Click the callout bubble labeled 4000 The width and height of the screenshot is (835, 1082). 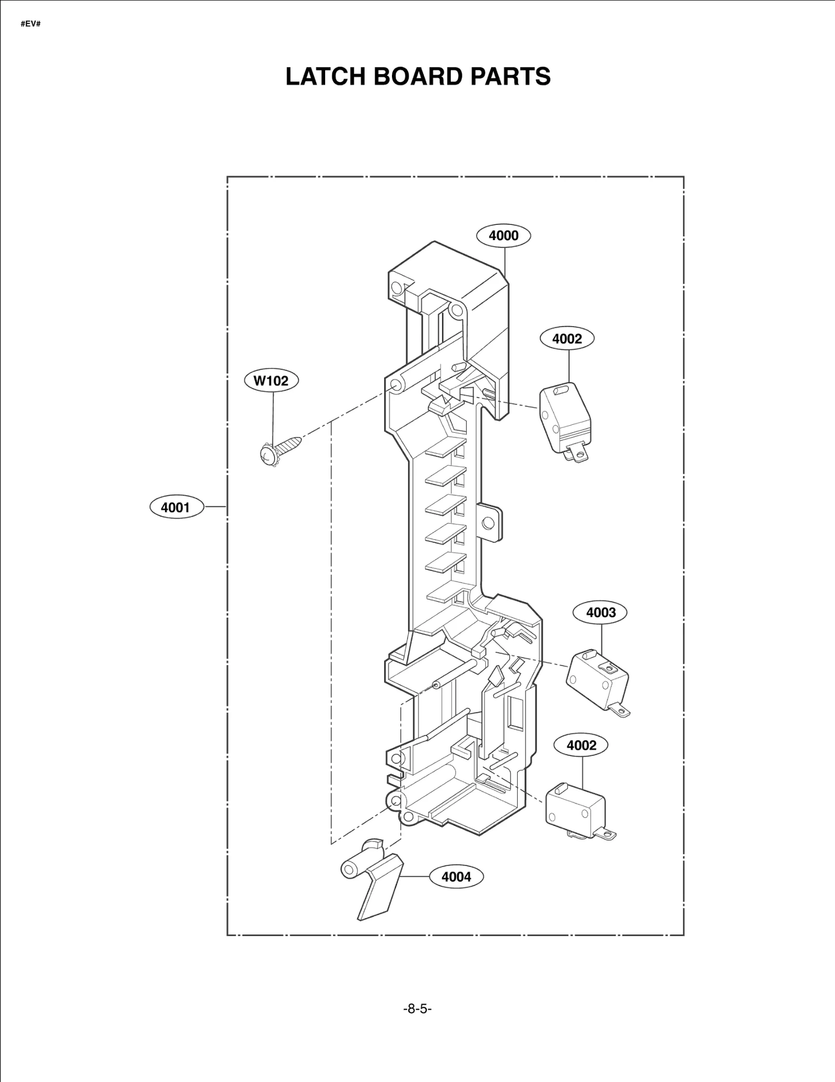coord(503,235)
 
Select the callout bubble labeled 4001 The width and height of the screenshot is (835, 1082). coord(176,507)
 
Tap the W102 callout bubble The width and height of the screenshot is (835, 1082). coord(271,381)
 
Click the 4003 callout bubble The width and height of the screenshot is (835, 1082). coord(601,612)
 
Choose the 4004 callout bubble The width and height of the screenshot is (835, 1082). coord(456,876)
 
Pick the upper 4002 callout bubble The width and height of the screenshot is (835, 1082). coord(567,339)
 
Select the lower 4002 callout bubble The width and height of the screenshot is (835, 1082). coord(581,745)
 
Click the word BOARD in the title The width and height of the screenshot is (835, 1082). coord(417,76)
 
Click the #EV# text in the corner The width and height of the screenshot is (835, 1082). coord(31,25)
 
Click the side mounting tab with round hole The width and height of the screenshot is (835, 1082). coord(490,522)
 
